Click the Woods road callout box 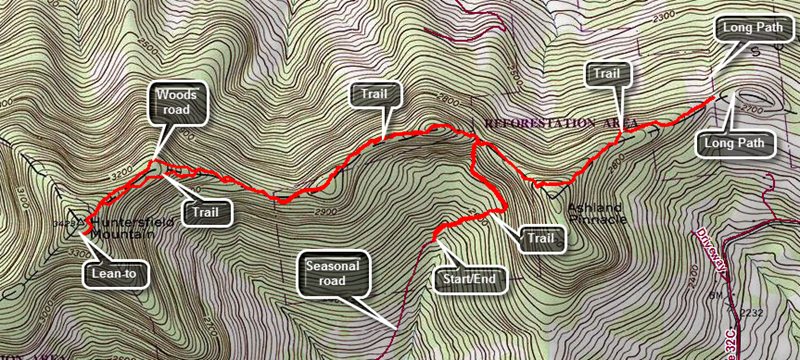pos(181,104)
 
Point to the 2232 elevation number pos(752,313)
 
